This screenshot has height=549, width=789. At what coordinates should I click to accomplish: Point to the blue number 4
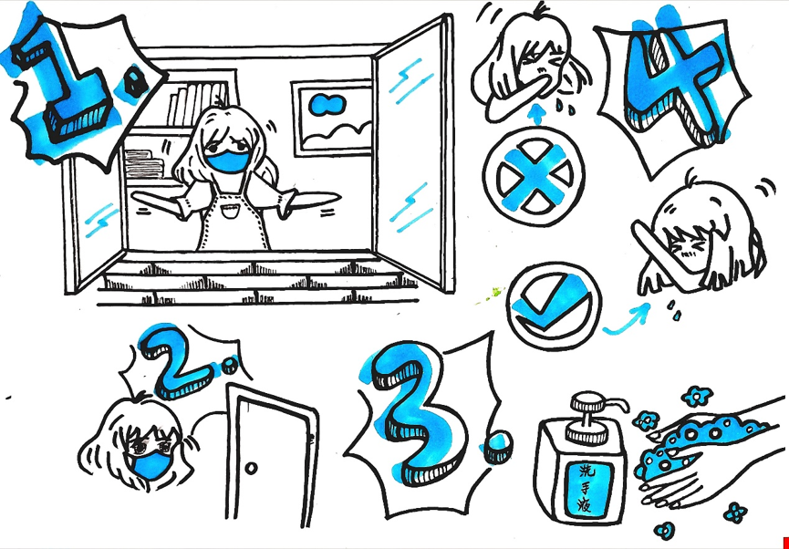click(674, 80)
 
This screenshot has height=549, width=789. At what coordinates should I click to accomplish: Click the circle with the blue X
click(534, 177)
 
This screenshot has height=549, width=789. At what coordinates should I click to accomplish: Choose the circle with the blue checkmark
click(554, 305)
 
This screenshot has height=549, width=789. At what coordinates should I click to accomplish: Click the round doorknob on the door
click(251, 469)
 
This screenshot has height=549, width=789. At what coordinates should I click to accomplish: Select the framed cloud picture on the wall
click(333, 119)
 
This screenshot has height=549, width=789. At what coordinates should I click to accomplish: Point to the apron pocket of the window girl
click(232, 212)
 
